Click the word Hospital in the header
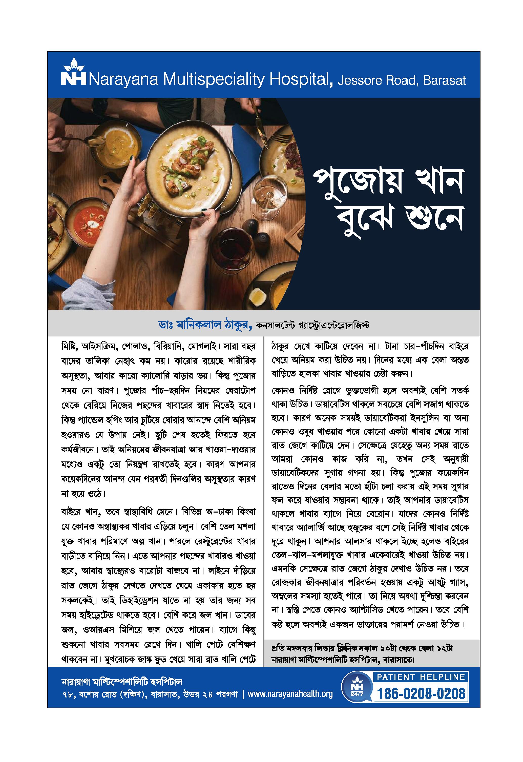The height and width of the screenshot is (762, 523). [x=298, y=80]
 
